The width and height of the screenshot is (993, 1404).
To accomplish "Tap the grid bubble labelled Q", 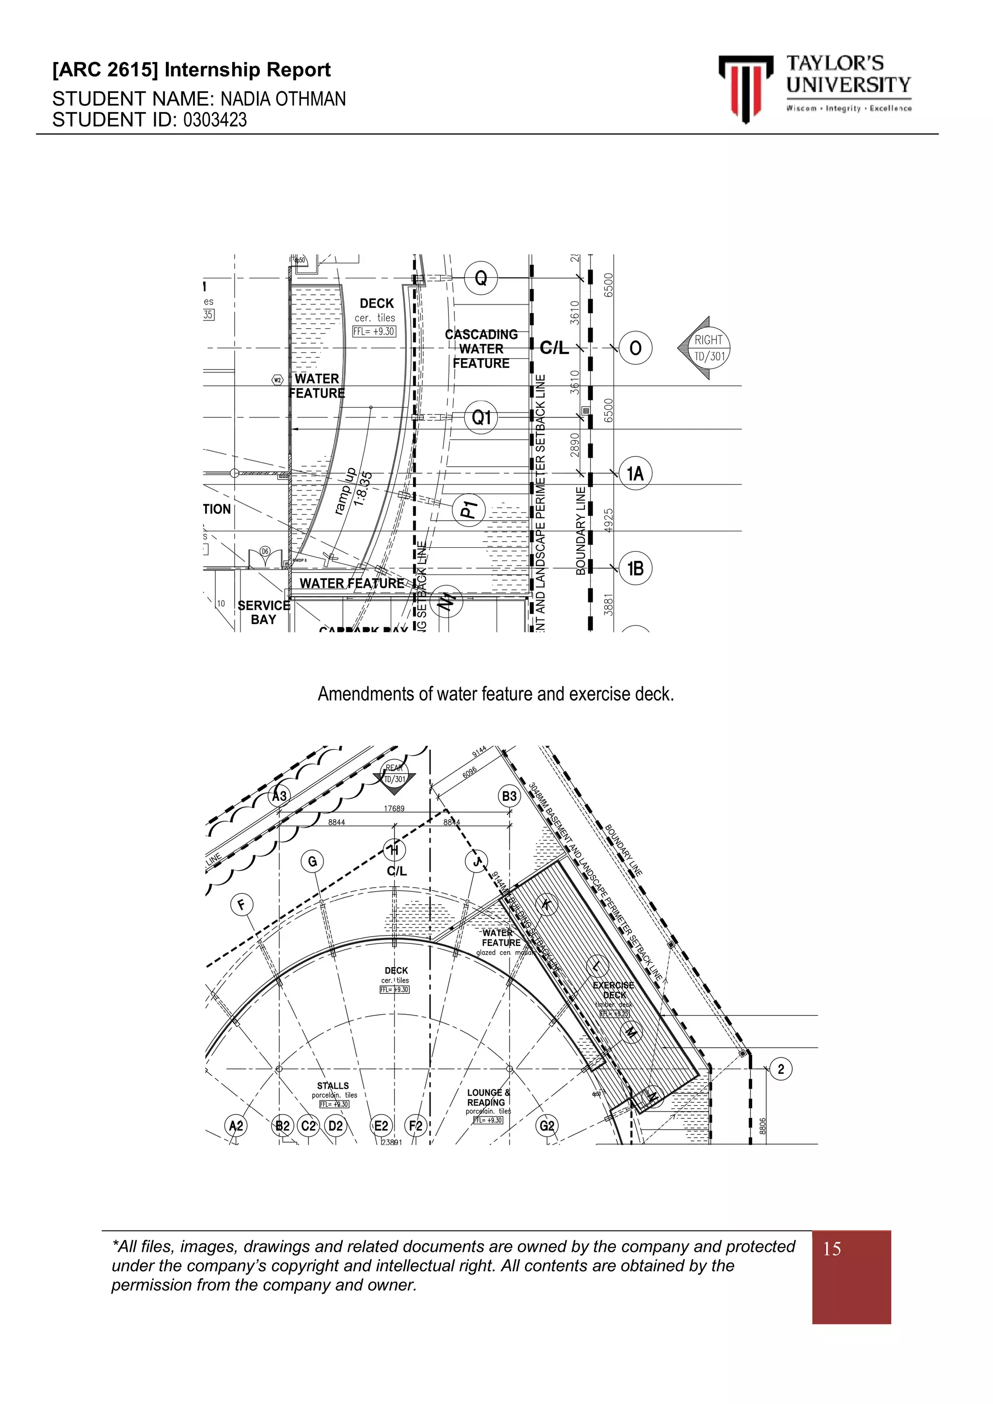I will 481,279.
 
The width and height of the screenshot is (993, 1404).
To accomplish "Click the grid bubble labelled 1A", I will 635,473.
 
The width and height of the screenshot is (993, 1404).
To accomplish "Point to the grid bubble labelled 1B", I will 635,569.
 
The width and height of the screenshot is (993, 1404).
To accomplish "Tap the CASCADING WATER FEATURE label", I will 481,349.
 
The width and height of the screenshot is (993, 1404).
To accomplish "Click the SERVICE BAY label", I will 264,612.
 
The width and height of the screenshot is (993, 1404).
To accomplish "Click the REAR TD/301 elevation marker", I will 394,775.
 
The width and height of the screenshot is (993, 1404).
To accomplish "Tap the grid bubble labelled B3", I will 509,796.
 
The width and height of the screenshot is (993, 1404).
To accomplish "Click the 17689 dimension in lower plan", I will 394,808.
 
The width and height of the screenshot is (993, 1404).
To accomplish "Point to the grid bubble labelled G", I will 312,862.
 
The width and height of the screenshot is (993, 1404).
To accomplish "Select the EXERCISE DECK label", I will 613,990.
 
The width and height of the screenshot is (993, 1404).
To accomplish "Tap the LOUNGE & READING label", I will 487,1097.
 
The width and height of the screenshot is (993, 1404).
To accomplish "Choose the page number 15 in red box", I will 832,1249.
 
